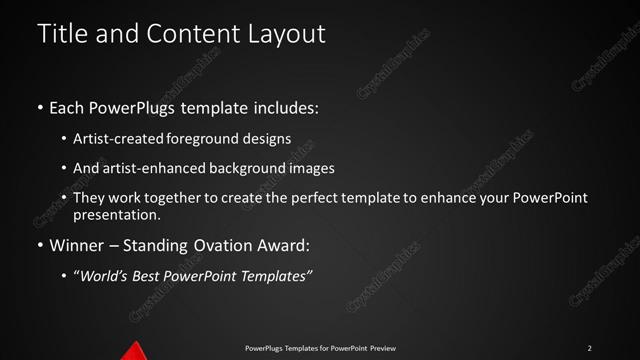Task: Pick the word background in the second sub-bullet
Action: click(246, 168)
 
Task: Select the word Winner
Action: click(76, 245)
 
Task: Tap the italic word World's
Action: click(104, 275)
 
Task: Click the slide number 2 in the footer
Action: click(590, 348)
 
